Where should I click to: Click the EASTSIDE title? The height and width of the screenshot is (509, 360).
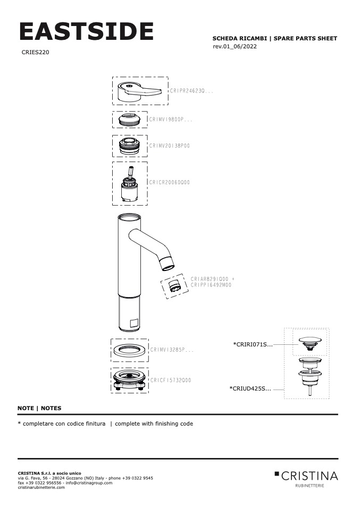tap(86, 32)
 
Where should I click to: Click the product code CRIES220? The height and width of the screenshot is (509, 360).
tap(36, 53)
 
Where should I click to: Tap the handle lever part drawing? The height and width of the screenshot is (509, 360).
tap(140, 91)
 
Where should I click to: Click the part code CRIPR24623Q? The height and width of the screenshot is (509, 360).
tap(191, 91)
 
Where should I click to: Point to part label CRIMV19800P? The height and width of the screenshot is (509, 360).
tap(171, 120)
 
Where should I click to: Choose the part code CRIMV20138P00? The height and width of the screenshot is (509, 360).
tap(170, 145)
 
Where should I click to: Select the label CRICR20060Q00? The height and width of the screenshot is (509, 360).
tap(170, 182)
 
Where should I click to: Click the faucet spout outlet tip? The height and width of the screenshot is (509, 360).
tap(169, 262)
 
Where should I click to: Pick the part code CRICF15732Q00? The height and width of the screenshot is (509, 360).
tap(170, 380)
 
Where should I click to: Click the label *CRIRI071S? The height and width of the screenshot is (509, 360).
tap(253, 345)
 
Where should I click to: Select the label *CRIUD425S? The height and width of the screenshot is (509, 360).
tap(250, 388)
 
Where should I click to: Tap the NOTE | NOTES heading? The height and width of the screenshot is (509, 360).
tap(39, 408)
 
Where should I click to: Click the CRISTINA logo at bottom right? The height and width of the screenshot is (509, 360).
tap(306, 476)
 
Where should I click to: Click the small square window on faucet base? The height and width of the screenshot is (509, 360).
tap(133, 322)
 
